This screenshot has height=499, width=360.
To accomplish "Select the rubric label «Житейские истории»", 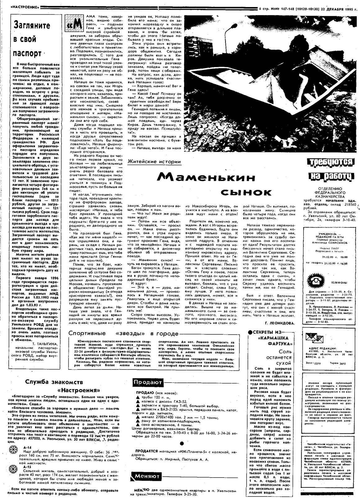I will point(154,162).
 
